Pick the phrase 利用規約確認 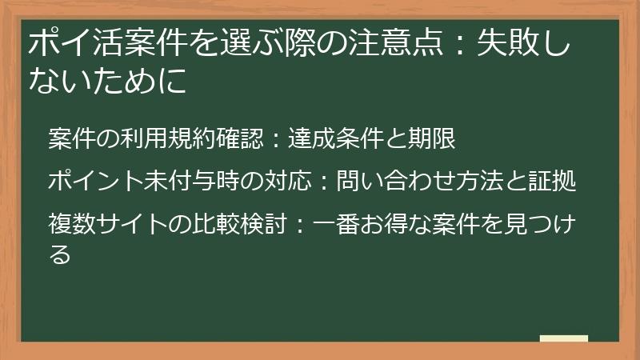coord(189,139)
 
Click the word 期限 coord(437,139)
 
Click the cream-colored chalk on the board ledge coord(563,338)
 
